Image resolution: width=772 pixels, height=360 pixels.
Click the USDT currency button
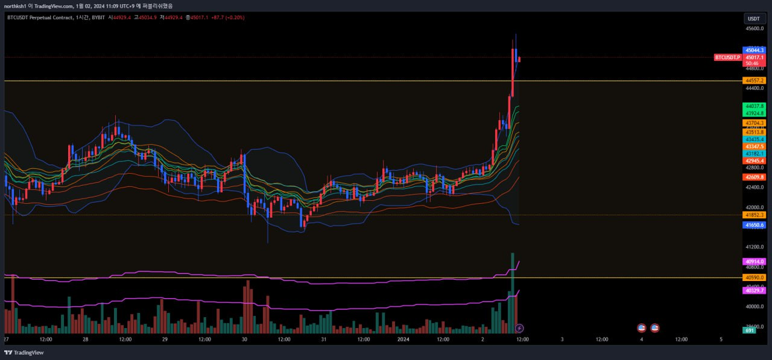(755, 19)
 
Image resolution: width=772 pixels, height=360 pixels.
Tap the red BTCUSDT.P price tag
(727, 57)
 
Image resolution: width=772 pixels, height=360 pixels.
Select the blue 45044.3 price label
(755, 50)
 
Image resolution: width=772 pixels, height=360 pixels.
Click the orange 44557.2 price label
(755, 80)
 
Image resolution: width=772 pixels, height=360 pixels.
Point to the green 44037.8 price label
(755, 106)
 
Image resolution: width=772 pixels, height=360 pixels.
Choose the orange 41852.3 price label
(755, 215)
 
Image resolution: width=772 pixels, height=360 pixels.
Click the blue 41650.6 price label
(755, 225)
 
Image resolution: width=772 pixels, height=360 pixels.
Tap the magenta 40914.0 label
(755, 262)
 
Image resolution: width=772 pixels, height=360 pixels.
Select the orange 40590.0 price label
(755, 277)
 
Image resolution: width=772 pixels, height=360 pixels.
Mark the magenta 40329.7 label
(755, 291)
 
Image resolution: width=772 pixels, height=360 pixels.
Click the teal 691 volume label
(750, 330)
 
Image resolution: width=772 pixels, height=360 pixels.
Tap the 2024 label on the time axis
(403, 339)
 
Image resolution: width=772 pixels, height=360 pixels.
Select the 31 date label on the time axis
(324, 339)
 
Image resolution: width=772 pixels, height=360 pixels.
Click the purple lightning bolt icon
(519, 328)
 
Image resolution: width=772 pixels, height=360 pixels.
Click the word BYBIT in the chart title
(96, 17)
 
